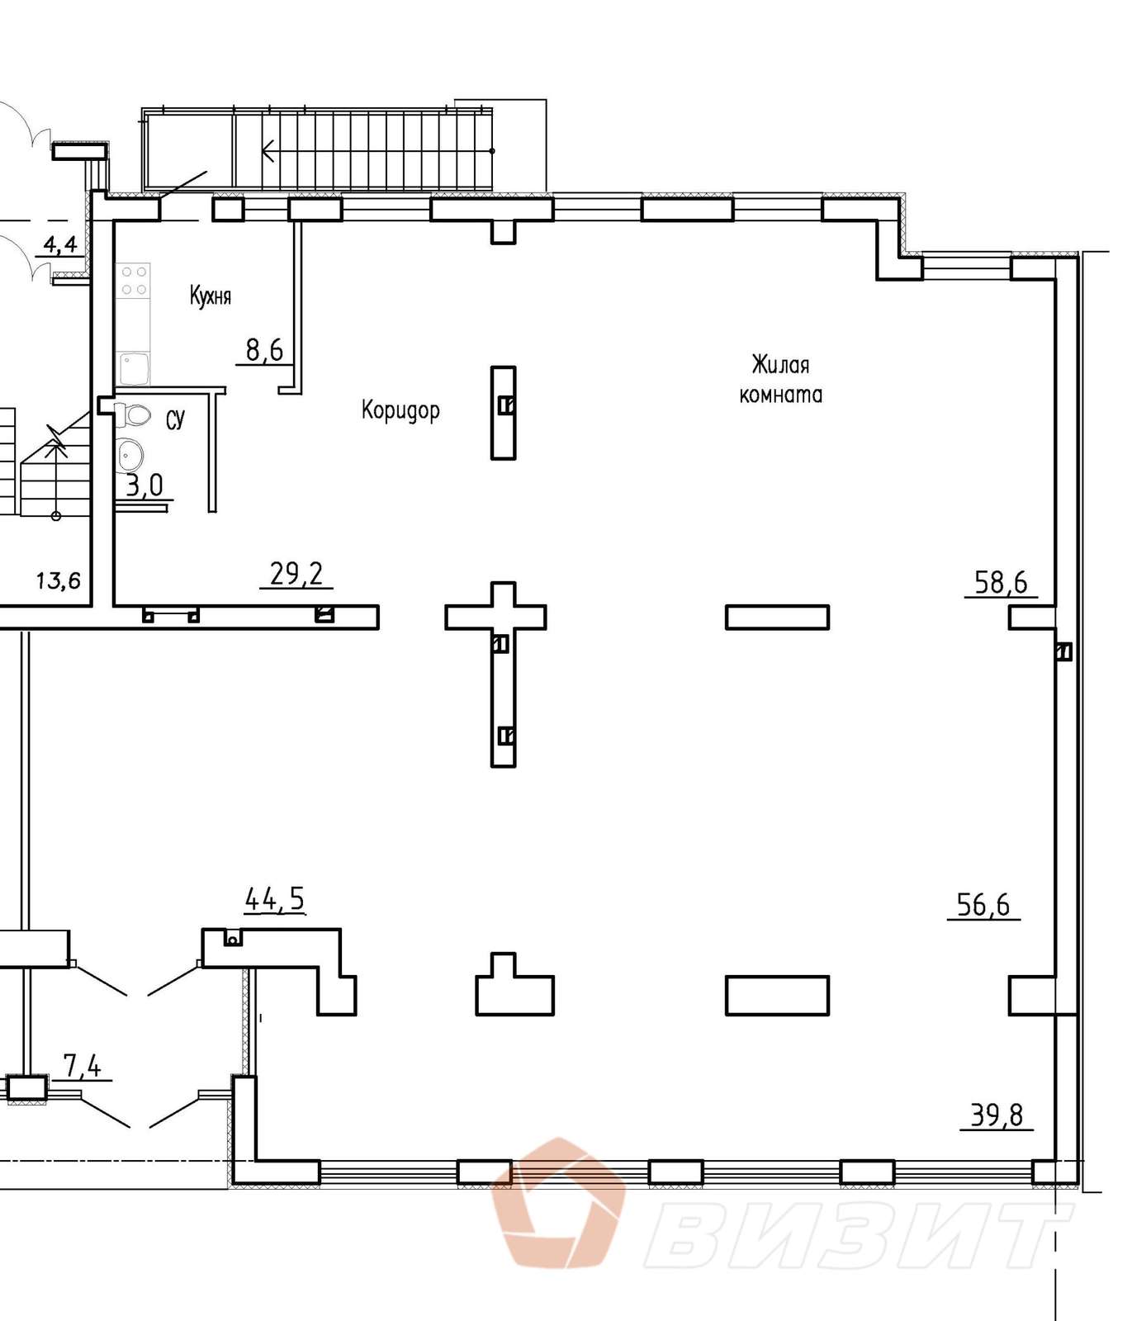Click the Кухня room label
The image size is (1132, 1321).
tap(211, 296)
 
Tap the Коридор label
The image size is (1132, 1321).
tap(400, 410)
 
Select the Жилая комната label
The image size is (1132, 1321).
tap(780, 380)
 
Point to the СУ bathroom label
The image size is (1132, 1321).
tap(176, 420)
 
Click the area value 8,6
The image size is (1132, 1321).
tap(264, 351)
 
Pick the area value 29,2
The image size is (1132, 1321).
tap(296, 574)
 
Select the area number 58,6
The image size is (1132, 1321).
tap(1001, 583)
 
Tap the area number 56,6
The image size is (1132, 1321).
tap(983, 905)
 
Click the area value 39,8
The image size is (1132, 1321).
tap(997, 1115)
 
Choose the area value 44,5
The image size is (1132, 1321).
tap(275, 899)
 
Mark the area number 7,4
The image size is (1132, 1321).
tap(83, 1067)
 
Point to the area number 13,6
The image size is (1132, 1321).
tap(59, 580)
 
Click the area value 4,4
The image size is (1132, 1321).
tap(60, 244)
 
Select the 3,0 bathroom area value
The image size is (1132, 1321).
tap(144, 485)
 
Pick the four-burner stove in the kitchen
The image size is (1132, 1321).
tap(134, 280)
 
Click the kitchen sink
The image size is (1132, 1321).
tap(133, 367)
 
